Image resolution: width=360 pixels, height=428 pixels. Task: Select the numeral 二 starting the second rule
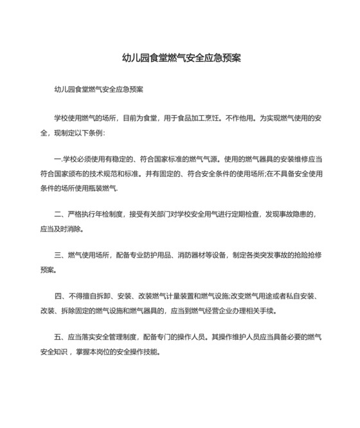[x=59, y=214]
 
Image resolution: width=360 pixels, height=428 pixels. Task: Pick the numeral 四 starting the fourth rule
[x=59, y=297]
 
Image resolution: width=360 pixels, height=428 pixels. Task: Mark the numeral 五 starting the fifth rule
[x=59, y=338]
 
